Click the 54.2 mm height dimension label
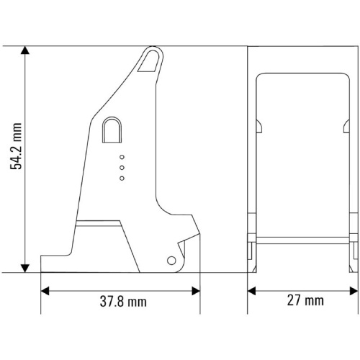pyautogui.click(x=16, y=146)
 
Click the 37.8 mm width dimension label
pyautogui.click(x=123, y=302)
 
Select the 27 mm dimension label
pyautogui.click(x=305, y=300)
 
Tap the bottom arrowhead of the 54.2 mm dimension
pyautogui.click(x=25, y=269)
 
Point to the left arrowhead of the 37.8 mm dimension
pyautogui.click(x=45, y=291)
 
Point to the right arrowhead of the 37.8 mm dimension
pyautogui.click(x=196, y=291)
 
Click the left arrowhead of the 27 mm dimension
pyautogui.click(x=251, y=291)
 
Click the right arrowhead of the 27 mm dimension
pyautogui.click(x=354, y=291)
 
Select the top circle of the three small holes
pyautogui.click(x=122, y=157)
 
